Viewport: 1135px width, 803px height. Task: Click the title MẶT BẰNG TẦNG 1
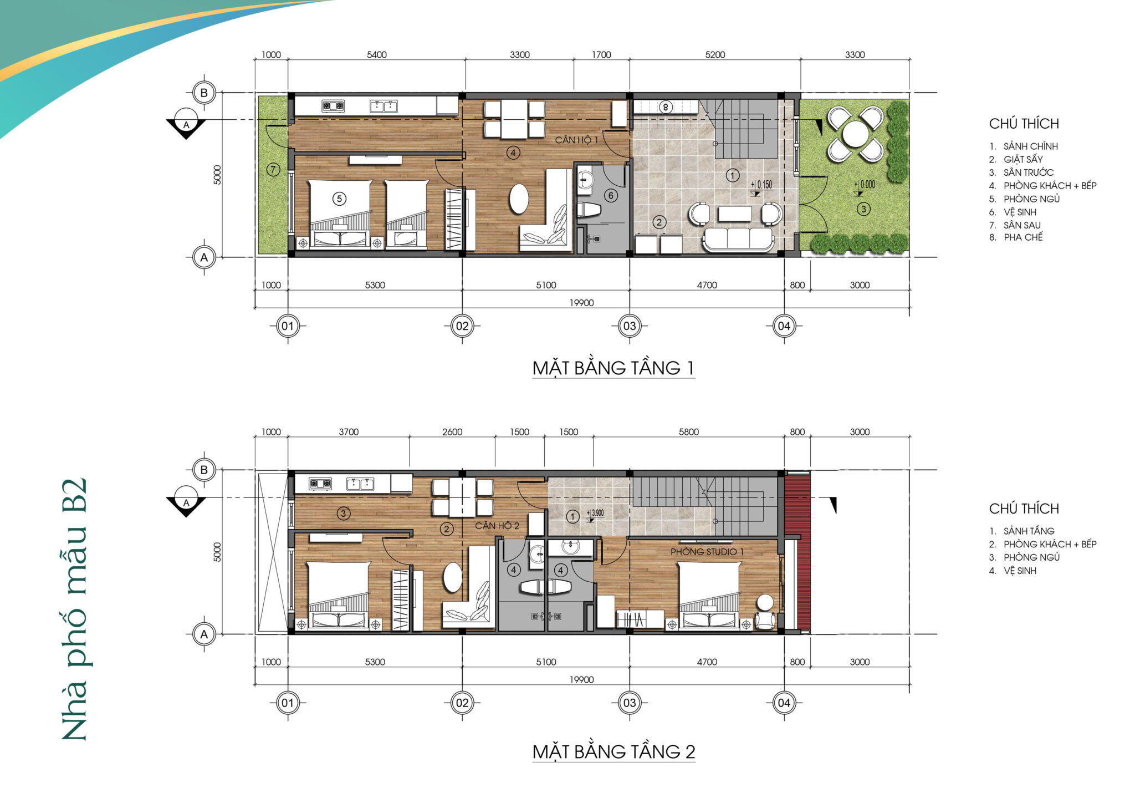[613, 368]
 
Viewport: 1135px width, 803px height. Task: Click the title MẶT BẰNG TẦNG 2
[613, 751]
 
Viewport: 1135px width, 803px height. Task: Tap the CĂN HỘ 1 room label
[576, 140]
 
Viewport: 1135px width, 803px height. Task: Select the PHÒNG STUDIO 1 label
[707, 552]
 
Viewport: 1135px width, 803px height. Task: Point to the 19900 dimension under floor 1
[581, 303]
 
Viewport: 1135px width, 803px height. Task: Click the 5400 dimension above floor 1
[377, 55]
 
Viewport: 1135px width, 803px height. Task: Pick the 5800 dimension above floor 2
[689, 432]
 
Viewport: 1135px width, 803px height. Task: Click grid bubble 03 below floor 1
[630, 326]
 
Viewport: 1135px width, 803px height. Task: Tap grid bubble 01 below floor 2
[288, 703]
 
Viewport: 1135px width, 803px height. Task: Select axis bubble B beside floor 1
[204, 93]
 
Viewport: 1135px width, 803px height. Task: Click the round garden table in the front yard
[856, 134]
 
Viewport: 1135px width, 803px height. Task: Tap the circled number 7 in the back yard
[273, 169]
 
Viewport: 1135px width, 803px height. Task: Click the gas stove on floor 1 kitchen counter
[333, 106]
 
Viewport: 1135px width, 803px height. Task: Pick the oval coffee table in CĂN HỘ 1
[519, 199]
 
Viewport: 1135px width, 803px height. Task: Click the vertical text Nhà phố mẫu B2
[74, 609]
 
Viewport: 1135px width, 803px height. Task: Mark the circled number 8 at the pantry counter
[666, 107]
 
